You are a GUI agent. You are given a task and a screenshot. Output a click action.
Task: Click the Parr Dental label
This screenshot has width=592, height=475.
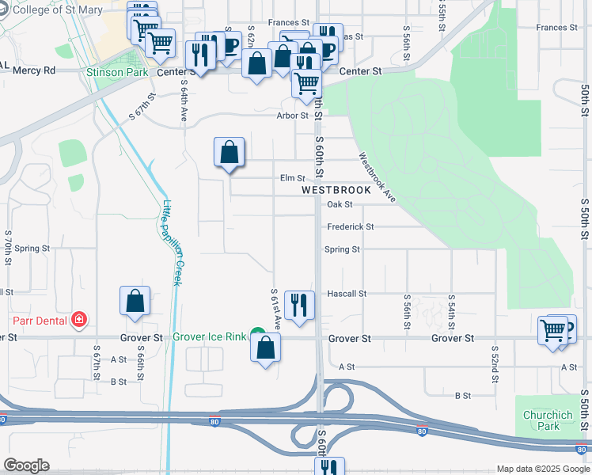37,320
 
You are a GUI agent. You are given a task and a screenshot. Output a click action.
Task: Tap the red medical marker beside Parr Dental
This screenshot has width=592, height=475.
78,320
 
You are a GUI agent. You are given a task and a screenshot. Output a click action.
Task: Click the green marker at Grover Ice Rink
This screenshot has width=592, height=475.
257,334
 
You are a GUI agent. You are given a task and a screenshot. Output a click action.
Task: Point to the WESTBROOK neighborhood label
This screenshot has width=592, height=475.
336,191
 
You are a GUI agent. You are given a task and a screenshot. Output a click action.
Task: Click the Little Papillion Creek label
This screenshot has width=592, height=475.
173,242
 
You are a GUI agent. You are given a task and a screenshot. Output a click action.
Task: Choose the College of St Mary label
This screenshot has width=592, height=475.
55,9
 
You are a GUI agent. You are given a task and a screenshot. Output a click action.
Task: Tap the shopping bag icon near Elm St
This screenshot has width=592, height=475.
229,151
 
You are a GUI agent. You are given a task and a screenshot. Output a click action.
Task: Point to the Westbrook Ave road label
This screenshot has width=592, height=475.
377,177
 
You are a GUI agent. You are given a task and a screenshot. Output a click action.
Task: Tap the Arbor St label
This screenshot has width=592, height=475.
292,116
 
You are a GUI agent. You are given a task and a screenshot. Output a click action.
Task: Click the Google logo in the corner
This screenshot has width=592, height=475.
26,465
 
